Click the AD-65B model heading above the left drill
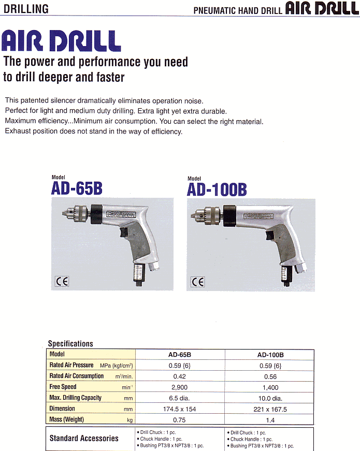tap(77, 188)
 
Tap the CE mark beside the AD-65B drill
tap(62, 282)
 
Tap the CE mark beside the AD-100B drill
tap(198, 282)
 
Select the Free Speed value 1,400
tap(270, 387)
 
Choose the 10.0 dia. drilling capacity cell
tap(270, 398)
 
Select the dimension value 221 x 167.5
tap(270, 409)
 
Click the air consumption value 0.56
tap(270, 376)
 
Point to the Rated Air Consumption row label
tap(77, 376)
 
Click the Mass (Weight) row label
tap(66, 419)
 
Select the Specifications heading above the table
tap(70, 343)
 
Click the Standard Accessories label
tap(84, 438)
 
